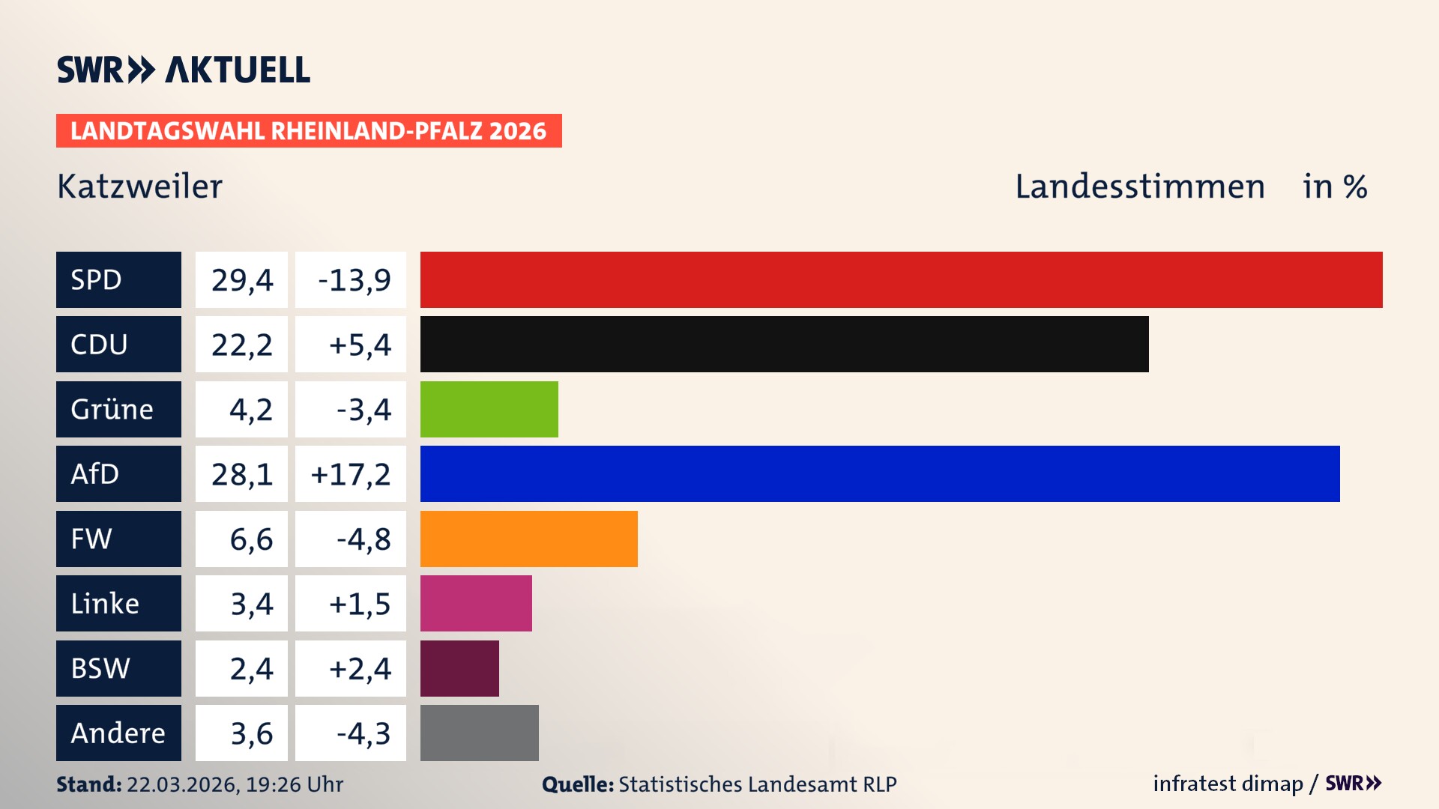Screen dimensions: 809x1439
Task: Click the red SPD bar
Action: [x=901, y=279]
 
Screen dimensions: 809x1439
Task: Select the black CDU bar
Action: [x=784, y=344]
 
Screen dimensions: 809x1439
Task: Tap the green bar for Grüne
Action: [x=489, y=409]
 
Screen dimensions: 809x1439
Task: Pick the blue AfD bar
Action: [x=880, y=473]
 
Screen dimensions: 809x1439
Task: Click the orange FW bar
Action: [x=528, y=539]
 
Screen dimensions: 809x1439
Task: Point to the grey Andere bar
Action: [x=479, y=733]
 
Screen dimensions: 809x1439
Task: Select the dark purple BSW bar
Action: [x=459, y=668]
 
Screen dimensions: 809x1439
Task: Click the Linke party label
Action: [x=118, y=603]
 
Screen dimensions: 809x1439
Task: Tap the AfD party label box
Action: [x=118, y=473]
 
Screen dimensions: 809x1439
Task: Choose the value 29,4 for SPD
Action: [x=241, y=279]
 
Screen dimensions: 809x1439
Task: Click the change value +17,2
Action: [x=351, y=473]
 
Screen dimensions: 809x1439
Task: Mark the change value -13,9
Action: [x=354, y=279]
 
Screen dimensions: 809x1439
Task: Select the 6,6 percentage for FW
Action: [x=250, y=539]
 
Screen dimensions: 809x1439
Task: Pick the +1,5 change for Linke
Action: [x=359, y=603]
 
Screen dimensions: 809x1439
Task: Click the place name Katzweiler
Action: [x=139, y=186]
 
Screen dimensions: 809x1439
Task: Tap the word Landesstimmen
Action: [x=1139, y=186]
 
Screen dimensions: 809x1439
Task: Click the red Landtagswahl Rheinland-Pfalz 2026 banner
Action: [x=309, y=130]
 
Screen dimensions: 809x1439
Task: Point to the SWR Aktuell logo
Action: [x=183, y=70]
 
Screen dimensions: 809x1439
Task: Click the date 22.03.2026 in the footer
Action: [x=182, y=784]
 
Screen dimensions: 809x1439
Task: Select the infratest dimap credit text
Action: [x=1228, y=784]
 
